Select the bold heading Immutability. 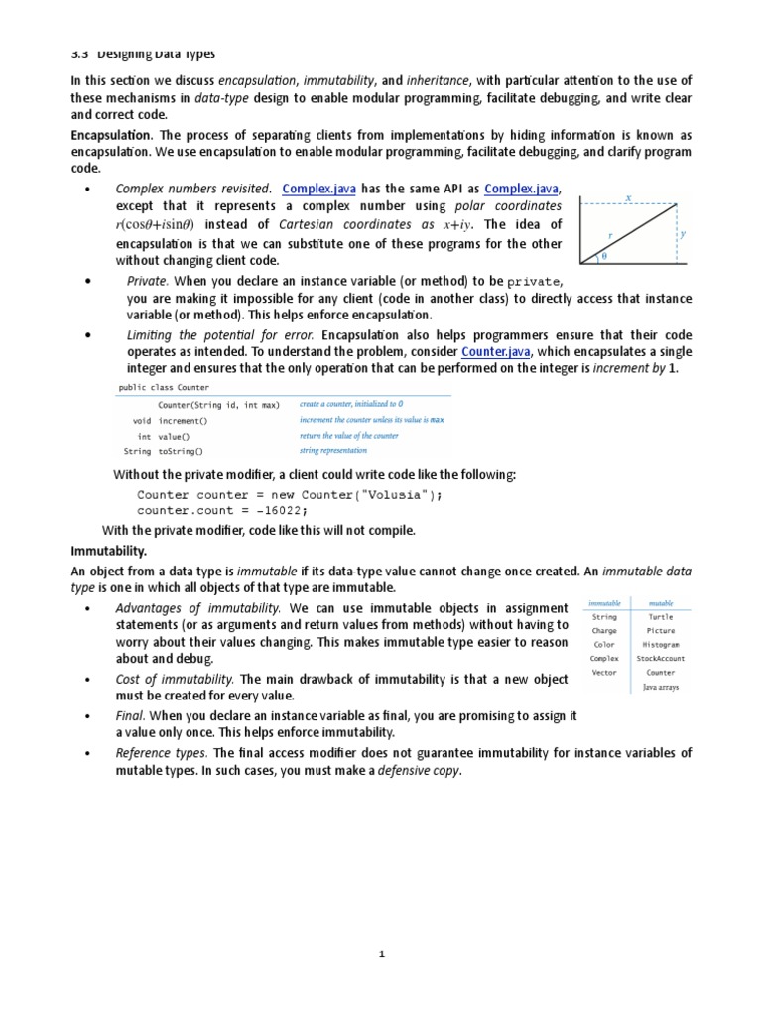click(108, 549)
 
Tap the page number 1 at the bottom click(381, 954)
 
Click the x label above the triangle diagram click(628, 198)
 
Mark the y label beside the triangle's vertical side click(682, 234)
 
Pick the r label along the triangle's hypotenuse click(610, 236)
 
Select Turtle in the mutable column click(660, 617)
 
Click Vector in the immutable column click(604, 673)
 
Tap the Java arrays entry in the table click(661, 687)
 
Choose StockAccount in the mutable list click(660, 659)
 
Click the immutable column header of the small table click(604, 602)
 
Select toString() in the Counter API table click(181, 451)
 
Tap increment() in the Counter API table click(184, 420)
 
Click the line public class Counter click(164, 387)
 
